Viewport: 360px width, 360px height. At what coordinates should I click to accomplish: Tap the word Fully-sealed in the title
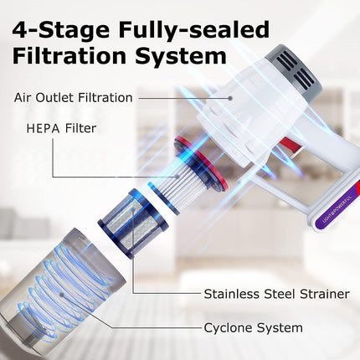[x=194, y=30]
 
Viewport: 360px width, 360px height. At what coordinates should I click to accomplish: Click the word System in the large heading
[x=181, y=56]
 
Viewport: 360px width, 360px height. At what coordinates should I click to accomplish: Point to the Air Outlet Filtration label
[x=73, y=98]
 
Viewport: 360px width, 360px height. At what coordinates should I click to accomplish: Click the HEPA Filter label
[x=61, y=128]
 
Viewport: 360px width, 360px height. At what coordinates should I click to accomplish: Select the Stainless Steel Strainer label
[x=276, y=294]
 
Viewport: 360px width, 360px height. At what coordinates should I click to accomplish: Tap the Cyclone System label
[x=253, y=327]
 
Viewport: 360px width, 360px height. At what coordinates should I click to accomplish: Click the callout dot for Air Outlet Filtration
[x=230, y=98]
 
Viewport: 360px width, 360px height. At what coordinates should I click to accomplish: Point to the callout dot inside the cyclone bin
[x=62, y=295]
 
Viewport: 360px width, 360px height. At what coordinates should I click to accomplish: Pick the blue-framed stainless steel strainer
[x=133, y=222]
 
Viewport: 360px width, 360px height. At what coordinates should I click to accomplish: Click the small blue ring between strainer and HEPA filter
[x=163, y=198]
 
